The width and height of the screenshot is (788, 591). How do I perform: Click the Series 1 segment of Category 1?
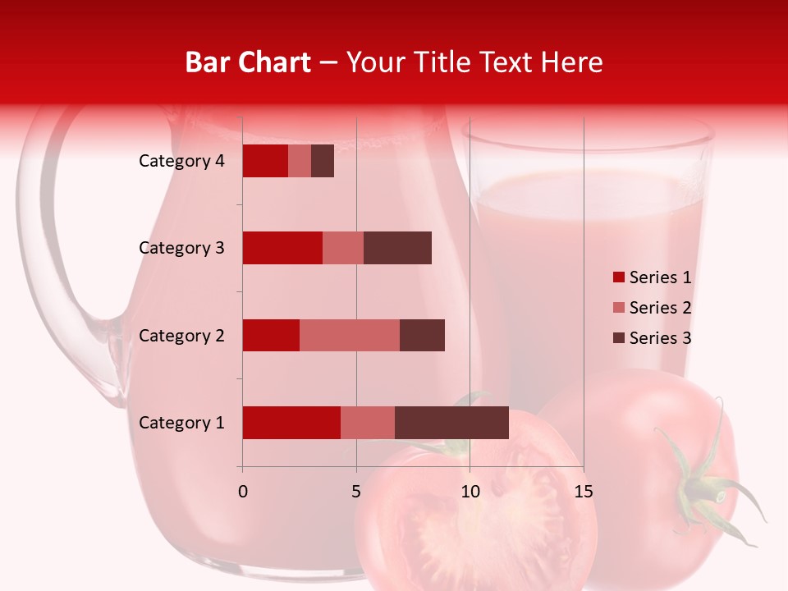pyautogui.click(x=291, y=423)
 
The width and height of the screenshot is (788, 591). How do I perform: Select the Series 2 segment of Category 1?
pyautogui.click(x=368, y=423)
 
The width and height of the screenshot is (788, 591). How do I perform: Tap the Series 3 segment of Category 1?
pyautogui.click(x=451, y=423)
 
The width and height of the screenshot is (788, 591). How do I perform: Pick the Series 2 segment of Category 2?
pyautogui.click(x=350, y=335)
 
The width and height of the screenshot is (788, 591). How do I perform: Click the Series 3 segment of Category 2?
pyautogui.click(x=422, y=335)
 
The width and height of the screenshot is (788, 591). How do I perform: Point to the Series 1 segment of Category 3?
pyautogui.click(x=282, y=248)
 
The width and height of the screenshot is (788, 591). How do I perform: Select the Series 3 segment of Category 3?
pyautogui.click(x=397, y=248)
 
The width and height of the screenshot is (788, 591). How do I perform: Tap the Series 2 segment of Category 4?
pyautogui.click(x=300, y=161)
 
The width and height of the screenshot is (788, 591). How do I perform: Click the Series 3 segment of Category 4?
pyautogui.click(x=323, y=161)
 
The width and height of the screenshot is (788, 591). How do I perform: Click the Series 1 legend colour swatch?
pyautogui.click(x=619, y=277)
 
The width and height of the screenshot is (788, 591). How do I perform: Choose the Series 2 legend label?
pyautogui.click(x=660, y=308)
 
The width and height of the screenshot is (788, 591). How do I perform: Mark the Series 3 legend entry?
pyautogui.click(x=652, y=338)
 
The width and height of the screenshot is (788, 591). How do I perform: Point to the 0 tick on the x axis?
pyautogui.click(x=242, y=492)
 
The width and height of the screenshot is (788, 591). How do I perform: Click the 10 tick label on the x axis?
pyautogui.click(x=470, y=492)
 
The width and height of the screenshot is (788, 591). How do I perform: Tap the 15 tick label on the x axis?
pyautogui.click(x=583, y=492)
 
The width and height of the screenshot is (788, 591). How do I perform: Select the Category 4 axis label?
pyautogui.click(x=181, y=161)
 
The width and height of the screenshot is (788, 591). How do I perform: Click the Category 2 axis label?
pyautogui.click(x=181, y=335)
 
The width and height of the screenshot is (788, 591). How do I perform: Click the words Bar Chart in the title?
pyautogui.click(x=248, y=62)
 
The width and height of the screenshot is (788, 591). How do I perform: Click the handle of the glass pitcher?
pyautogui.click(x=57, y=246)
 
